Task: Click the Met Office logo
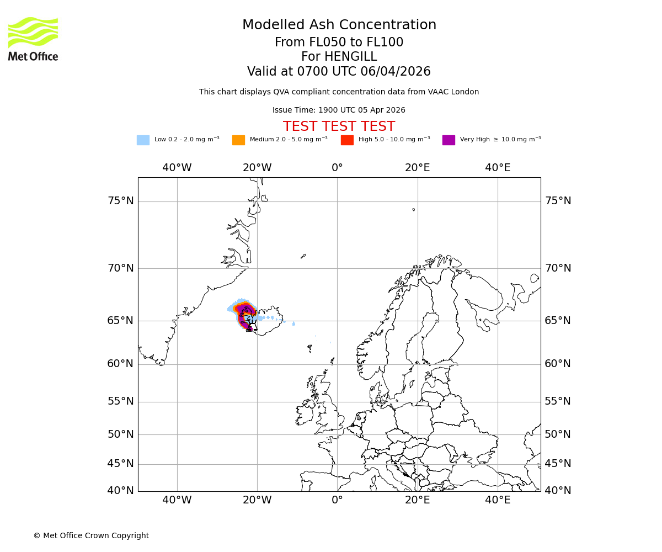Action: (33, 39)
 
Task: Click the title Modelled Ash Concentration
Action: (339, 25)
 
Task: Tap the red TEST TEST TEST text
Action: (339, 126)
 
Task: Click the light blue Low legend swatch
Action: (143, 140)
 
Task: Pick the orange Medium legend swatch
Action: (238, 140)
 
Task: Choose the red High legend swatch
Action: (347, 140)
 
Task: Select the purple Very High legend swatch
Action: (449, 140)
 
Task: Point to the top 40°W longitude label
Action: (177, 168)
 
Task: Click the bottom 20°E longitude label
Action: (418, 500)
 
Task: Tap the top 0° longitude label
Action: (337, 168)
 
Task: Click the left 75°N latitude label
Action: (121, 201)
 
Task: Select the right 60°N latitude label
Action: (558, 364)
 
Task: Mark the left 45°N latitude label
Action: (121, 464)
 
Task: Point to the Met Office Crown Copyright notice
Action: (91, 535)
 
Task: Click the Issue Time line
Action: (339, 110)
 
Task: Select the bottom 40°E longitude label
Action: (498, 500)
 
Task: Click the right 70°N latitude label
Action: (558, 268)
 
